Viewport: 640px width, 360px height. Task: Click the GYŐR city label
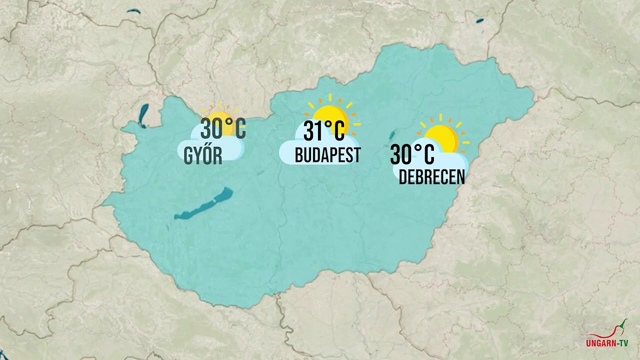[x=203, y=156]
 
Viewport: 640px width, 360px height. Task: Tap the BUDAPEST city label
[x=327, y=155]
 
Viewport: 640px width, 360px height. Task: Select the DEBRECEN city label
[x=431, y=177]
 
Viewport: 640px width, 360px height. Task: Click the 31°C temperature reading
[x=324, y=131]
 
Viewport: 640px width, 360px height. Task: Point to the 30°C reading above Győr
[x=223, y=129]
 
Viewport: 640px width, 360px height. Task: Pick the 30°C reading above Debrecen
[x=412, y=154]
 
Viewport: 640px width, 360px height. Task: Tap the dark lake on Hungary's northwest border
[x=143, y=115]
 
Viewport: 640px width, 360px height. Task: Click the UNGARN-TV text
[x=607, y=343]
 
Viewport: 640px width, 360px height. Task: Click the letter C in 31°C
[x=338, y=131]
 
